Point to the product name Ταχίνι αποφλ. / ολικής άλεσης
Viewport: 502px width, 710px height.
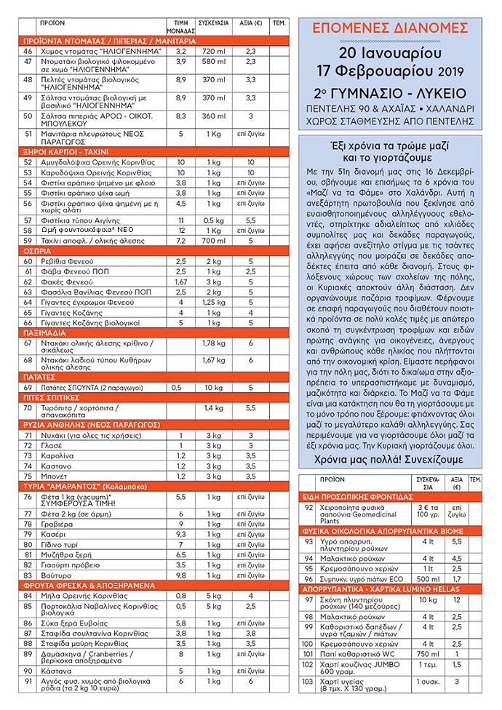[x=88, y=240]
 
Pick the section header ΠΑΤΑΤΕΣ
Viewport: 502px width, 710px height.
[x=41, y=377]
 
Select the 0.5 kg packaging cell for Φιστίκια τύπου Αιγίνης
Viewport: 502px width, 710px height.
[x=212, y=220]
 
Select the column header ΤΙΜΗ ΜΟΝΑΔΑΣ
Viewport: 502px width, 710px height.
[x=181, y=28]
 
